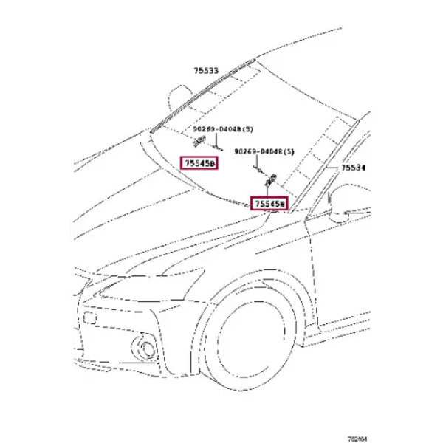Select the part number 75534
coord(353,169)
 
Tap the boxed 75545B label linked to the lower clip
coord(269,202)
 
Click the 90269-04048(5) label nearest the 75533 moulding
coord(216,128)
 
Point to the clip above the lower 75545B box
coord(269,177)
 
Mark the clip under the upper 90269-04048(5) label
coord(200,140)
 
